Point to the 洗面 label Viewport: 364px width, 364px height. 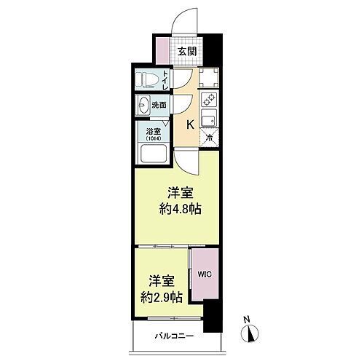(x=159, y=106)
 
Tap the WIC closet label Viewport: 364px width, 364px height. (x=204, y=275)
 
